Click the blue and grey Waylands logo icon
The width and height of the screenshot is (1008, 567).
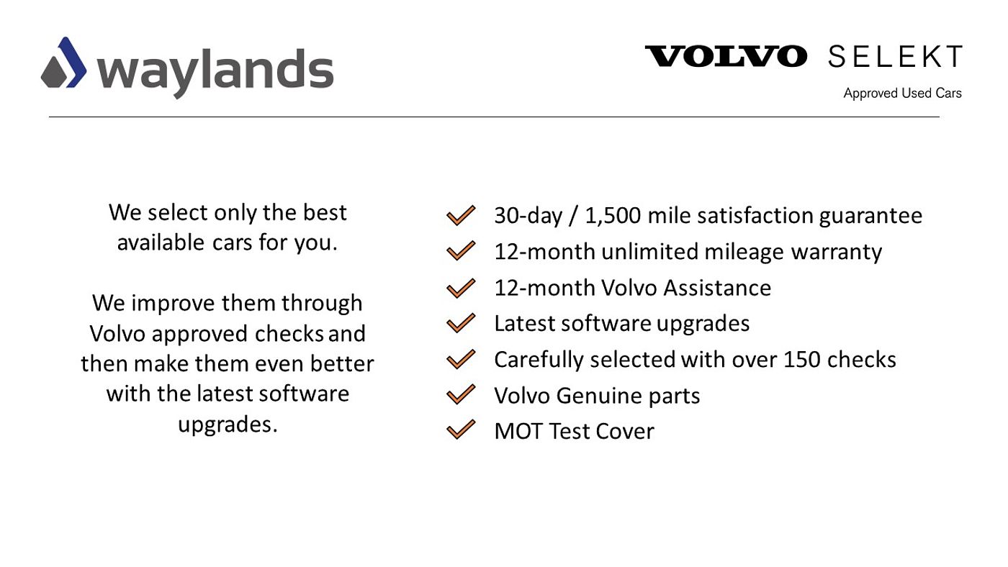(64, 63)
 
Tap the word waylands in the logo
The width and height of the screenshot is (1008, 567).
(215, 72)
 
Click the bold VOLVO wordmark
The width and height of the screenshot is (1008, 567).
(726, 56)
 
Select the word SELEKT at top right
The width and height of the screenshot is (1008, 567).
(895, 56)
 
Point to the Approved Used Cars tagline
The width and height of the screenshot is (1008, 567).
(902, 93)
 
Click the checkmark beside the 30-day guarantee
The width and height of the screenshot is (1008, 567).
(461, 215)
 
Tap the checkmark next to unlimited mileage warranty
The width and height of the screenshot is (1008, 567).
(461, 251)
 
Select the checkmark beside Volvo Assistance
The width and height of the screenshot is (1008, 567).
(461, 289)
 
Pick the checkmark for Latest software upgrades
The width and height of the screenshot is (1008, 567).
(461, 323)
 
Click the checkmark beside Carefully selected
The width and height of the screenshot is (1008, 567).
(461, 359)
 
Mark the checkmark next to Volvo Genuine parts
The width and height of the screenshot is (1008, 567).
(461, 394)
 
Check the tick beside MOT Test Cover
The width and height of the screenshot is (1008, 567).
(461, 430)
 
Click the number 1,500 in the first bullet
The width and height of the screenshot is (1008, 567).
(613, 216)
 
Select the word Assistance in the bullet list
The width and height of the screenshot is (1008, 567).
(717, 288)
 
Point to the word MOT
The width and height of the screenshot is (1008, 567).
(518, 431)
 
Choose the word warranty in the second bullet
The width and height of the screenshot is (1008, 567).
(836, 253)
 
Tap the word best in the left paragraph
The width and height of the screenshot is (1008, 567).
(325, 212)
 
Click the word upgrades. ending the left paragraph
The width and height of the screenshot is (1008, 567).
(228, 425)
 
